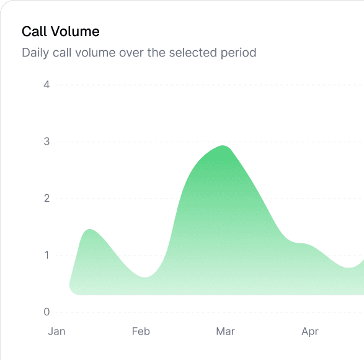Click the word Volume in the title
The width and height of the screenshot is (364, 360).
[x=75, y=31]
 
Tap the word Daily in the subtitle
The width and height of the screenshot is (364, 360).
[x=35, y=53]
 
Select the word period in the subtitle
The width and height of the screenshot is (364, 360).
[x=238, y=53]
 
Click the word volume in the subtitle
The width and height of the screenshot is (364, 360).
[x=95, y=52]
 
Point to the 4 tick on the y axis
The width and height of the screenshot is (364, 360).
[x=47, y=84]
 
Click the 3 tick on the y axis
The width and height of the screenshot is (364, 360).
[x=47, y=142]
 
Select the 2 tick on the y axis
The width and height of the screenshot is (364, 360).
[x=47, y=198]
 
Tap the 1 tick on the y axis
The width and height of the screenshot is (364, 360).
[x=47, y=255]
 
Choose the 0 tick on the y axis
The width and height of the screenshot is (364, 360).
[x=47, y=312]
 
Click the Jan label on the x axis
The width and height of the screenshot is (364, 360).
[x=56, y=331]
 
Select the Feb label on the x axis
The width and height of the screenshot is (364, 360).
[x=141, y=331]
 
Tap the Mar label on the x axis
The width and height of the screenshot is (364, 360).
[x=226, y=331]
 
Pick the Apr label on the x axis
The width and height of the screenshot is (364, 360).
[x=310, y=332]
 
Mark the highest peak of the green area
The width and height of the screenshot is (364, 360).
[x=223, y=146]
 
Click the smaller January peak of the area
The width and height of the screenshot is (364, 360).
[x=90, y=230]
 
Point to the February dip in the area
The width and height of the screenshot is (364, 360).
[x=145, y=277]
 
